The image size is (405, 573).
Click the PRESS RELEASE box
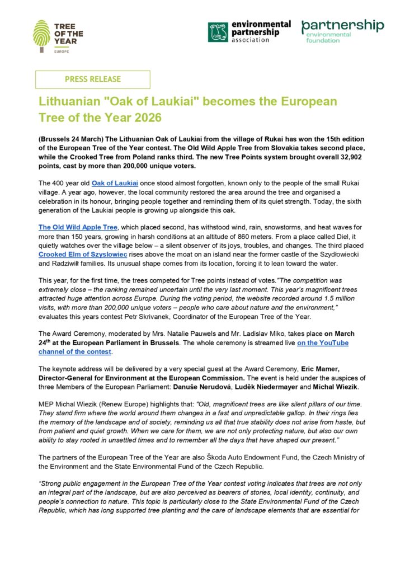coord(93,79)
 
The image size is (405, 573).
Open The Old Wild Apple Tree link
coord(78,228)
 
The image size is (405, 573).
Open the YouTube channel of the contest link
coord(194,347)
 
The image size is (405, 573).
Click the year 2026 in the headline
coord(142,118)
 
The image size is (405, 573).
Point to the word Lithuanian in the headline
coord(66,102)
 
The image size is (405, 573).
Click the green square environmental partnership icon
coord(218,32)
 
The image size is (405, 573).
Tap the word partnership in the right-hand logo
coord(342,26)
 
